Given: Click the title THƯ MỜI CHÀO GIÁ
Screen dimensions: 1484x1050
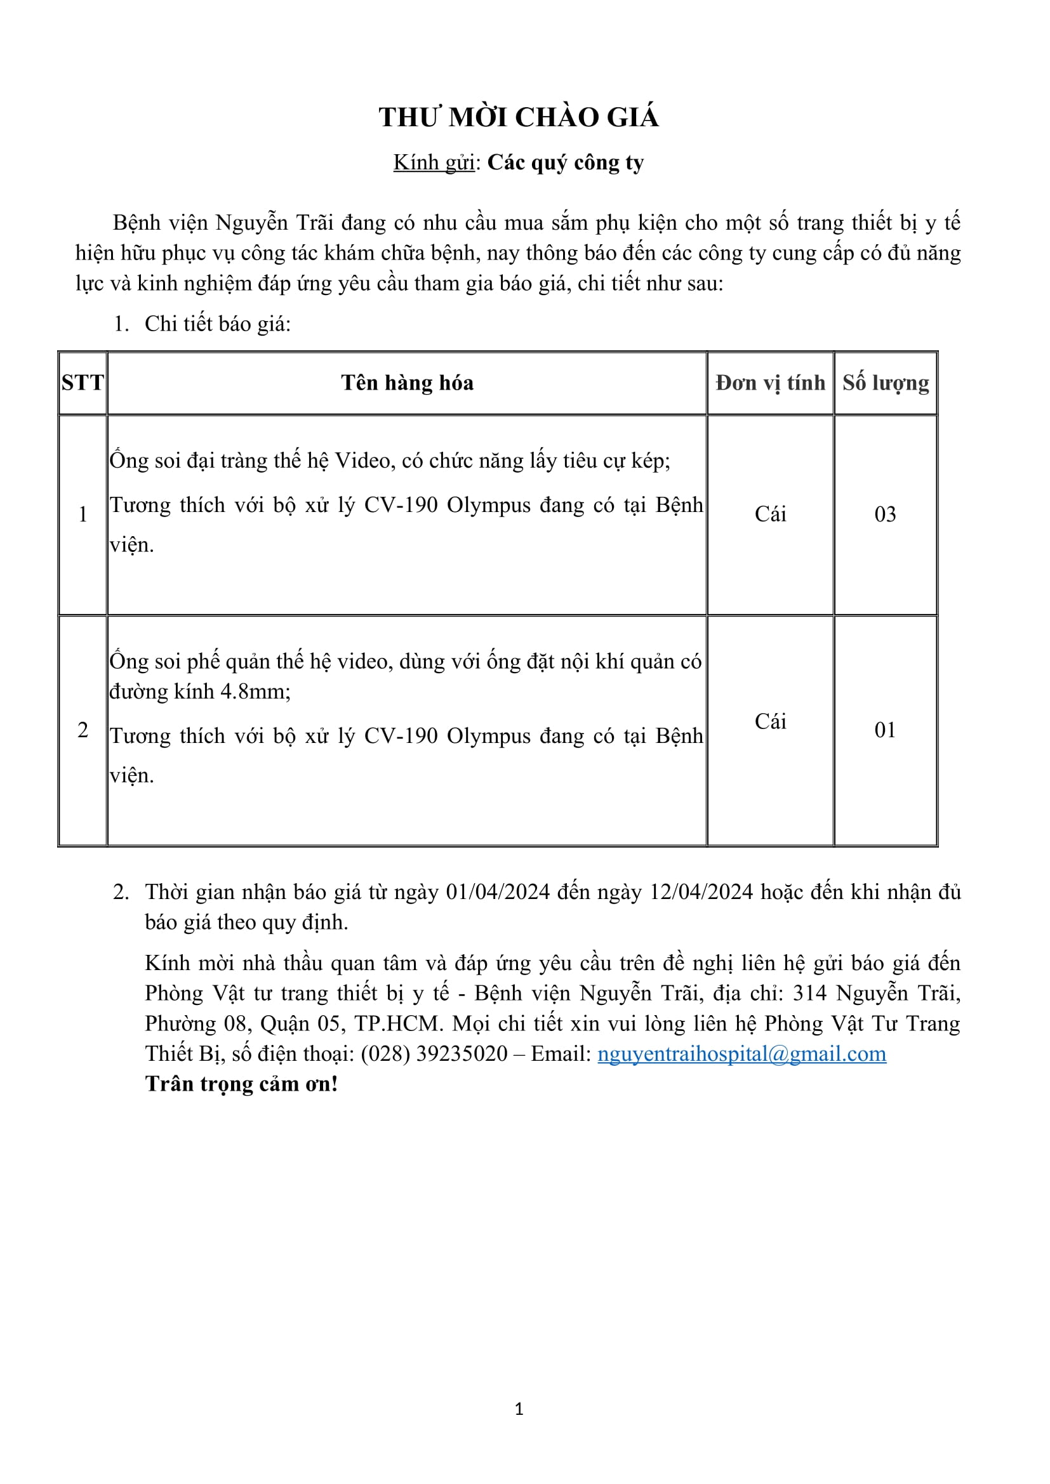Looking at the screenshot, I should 519,117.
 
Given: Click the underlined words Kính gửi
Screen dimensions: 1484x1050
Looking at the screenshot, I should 434,163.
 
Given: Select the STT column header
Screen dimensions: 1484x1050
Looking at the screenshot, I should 83,383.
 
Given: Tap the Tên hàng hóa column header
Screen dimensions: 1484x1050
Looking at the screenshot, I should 408,383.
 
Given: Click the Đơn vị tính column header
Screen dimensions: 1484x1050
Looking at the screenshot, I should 770,383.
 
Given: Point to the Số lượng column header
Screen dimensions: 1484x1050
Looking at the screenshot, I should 885,383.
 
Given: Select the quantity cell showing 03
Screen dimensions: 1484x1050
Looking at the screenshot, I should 885,515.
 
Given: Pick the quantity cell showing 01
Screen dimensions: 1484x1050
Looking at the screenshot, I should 885,730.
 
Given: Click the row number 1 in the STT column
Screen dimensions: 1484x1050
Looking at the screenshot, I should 83,515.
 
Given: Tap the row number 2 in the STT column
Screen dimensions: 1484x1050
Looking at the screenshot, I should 83,730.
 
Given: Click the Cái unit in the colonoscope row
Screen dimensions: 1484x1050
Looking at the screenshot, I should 770,515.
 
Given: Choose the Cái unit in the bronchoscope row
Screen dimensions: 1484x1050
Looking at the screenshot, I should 770,722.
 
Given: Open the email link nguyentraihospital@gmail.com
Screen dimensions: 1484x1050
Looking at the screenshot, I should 741,1054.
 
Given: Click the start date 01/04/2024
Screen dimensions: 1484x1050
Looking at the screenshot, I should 498,893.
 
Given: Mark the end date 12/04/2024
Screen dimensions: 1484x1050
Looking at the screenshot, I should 701,893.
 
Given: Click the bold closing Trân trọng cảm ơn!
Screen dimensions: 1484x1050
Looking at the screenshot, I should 242,1084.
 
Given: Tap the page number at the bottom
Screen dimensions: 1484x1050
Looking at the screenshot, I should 519,1409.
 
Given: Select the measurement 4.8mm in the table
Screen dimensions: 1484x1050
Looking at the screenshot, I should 255,692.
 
